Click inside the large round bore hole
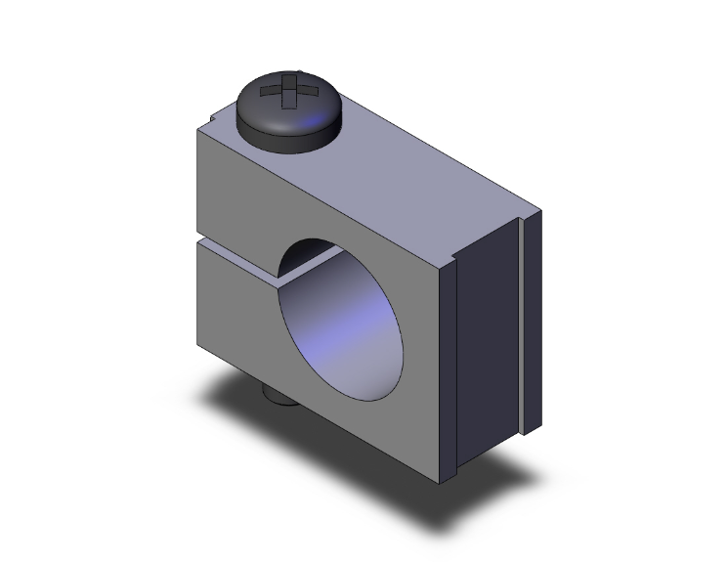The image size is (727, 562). [342, 323]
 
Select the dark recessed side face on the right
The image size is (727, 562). [489, 332]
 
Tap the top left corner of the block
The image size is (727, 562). [197, 130]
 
